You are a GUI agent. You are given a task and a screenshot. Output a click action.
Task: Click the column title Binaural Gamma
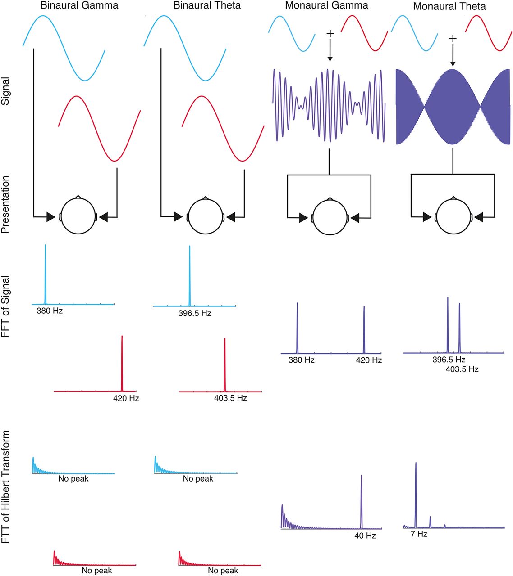79,6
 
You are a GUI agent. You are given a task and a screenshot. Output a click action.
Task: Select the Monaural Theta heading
449,6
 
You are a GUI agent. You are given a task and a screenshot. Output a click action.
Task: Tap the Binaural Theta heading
207,6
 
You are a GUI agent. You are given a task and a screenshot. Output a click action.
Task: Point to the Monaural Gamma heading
326,6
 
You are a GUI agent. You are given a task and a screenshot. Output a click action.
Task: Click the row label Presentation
6,204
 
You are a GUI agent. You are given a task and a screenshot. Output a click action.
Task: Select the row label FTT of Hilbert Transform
6,487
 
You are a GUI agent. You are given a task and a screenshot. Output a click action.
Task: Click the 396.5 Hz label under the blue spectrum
194,313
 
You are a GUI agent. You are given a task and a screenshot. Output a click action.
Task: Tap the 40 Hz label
365,536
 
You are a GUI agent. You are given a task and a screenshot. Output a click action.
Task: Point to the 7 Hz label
419,534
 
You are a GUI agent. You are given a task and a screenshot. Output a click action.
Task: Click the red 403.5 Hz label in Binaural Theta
230,398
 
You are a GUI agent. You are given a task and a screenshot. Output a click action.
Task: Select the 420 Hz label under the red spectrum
126,398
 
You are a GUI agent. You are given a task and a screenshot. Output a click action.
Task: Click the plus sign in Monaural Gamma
330,34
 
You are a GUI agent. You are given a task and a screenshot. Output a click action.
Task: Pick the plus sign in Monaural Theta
453,39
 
